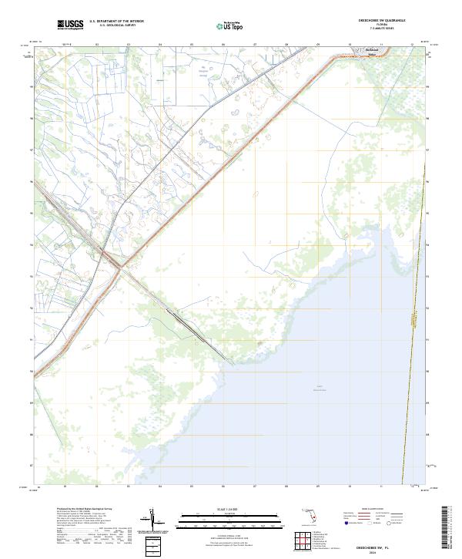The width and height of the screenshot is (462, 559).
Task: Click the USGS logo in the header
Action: (x=71, y=24)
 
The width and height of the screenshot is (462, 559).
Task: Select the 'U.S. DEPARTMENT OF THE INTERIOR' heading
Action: (x=116, y=21)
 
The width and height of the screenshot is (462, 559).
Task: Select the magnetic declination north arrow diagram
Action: (x=154, y=522)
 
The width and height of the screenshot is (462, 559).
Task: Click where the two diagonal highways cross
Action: (x=117, y=266)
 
